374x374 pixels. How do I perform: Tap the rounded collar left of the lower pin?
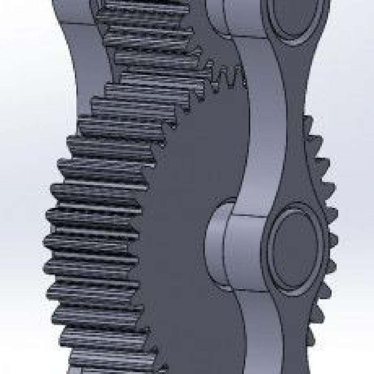coord(215,240)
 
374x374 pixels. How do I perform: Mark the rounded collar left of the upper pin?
coord(215,16)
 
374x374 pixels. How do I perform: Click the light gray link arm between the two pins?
coord(265,125)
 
